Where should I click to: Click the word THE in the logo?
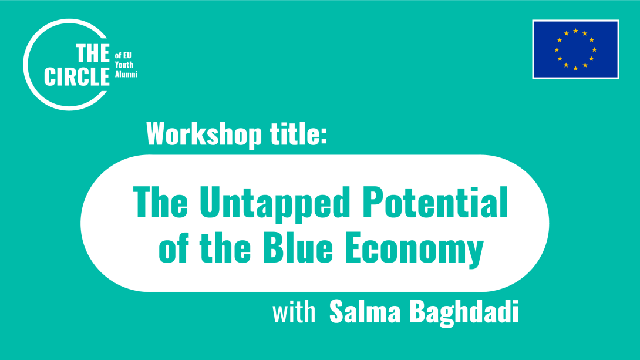coord(93,55)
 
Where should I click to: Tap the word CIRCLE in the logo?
coord(77,76)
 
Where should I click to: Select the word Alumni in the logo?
coord(126,73)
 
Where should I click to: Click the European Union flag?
coord(575,49)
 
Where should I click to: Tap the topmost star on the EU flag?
coord(575,31)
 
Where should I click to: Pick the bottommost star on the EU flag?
coord(575,69)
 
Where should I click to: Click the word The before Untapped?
coord(160,201)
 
